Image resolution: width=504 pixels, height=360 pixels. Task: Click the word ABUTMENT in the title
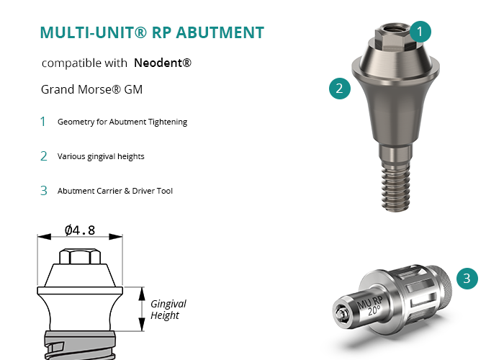point(220,32)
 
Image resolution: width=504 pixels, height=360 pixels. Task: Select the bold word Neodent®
point(163,63)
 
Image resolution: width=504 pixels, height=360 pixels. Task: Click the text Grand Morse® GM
point(92,89)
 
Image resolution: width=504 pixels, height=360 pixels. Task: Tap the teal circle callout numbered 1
point(420,32)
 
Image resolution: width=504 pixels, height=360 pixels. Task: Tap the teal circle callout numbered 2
point(340,88)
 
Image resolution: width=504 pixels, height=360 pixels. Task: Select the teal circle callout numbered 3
point(467,279)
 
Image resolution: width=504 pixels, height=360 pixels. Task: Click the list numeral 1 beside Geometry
point(42,122)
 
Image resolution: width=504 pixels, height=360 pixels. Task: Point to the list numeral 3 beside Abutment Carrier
point(44,191)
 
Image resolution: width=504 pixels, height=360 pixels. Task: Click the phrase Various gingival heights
point(101,156)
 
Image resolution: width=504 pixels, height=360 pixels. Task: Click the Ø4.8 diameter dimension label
point(80,230)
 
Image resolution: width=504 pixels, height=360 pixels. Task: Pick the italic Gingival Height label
point(168,309)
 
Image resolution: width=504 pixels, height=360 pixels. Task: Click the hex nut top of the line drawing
point(80,256)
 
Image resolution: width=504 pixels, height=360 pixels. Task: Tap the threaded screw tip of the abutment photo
point(396,186)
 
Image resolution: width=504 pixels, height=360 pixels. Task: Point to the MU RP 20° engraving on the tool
point(371,306)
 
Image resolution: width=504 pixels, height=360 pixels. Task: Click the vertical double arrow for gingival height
point(142,309)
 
